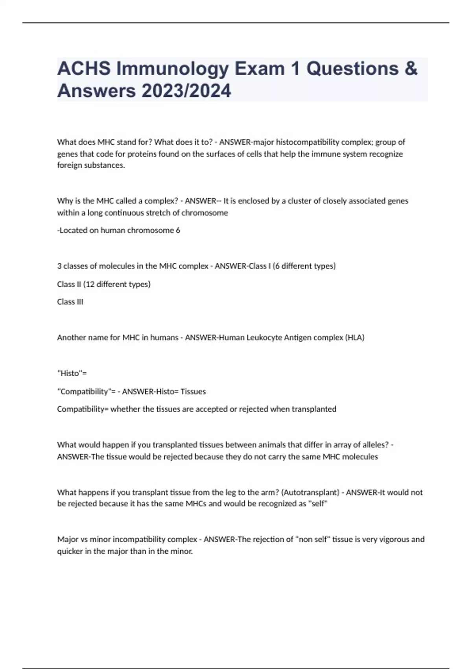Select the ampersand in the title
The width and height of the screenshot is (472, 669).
(411, 69)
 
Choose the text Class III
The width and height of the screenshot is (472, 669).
(70, 302)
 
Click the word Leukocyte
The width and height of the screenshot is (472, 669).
(264, 338)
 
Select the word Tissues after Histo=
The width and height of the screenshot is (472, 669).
(193, 392)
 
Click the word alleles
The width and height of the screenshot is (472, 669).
(370, 445)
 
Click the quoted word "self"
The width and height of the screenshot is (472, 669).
(317, 504)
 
